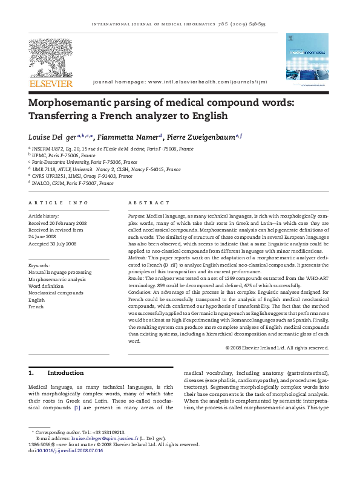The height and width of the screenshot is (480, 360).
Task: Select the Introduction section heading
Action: (x=61, y=373)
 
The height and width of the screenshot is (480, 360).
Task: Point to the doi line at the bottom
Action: (x=60, y=449)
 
